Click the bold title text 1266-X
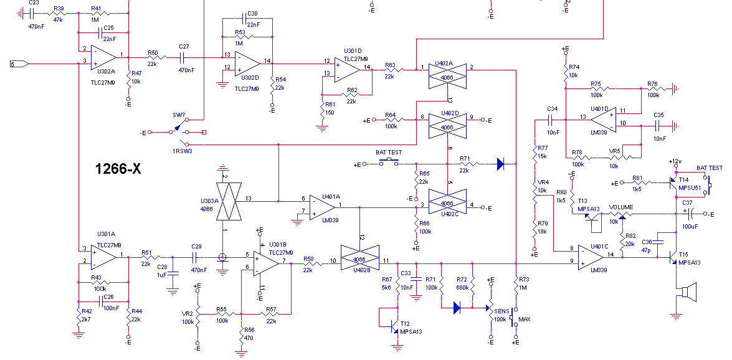coord(118,169)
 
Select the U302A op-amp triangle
coord(103,57)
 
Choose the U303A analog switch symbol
coord(229,201)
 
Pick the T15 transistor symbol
coord(673,257)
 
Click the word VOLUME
coord(621,207)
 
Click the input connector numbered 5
coord(19,64)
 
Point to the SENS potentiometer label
coord(501,311)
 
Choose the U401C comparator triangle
coord(591,257)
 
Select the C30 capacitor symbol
coord(244,19)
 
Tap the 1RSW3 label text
coord(182,151)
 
